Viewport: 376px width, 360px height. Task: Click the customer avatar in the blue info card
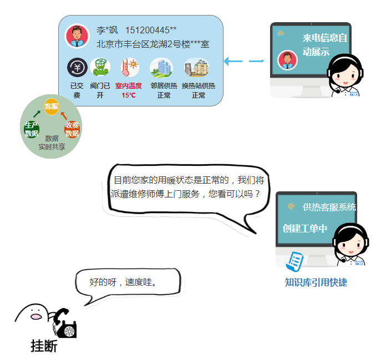coord(77,36)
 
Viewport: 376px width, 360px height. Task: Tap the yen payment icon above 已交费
coord(77,68)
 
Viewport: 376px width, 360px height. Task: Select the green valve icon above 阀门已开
coord(100,67)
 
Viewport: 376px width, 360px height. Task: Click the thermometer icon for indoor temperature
coord(129,68)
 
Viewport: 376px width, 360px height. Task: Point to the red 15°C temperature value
coord(129,95)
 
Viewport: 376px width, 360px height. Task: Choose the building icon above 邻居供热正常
coord(161,68)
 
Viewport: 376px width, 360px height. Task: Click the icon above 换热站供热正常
coord(196,68)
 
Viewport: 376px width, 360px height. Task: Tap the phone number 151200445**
coord(151,30)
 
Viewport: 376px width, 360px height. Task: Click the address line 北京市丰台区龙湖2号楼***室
coord(153,43)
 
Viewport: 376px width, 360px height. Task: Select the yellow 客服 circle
coord(51,106)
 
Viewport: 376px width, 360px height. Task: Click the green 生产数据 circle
coord(32,129)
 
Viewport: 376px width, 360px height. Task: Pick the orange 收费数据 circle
coord(72,129)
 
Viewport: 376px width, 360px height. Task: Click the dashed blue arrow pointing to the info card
coord(243,61)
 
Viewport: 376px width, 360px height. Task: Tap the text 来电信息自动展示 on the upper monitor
coord(324,45)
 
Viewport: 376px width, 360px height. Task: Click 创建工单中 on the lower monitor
coord(304,228)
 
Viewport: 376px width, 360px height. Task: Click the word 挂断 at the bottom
coord(44,346)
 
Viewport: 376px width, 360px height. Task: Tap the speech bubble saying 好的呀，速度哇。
coord(126,282)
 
